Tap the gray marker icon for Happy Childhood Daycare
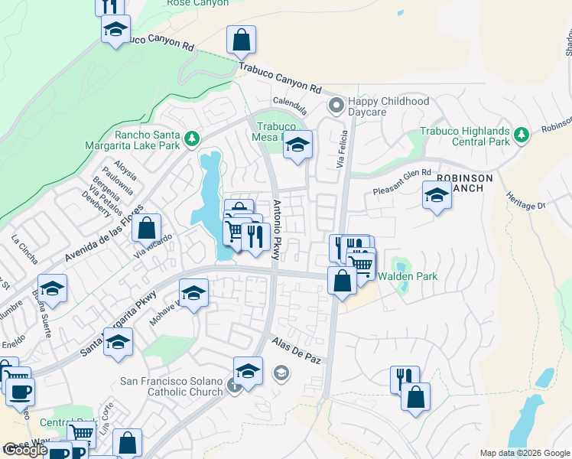pos(334,104)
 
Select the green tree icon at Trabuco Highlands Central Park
pos(522,135)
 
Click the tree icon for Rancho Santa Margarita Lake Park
pos(192,138)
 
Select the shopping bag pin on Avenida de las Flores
pos(147,228)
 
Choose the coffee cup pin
pos(21,392)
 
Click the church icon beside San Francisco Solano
pos(235,386)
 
